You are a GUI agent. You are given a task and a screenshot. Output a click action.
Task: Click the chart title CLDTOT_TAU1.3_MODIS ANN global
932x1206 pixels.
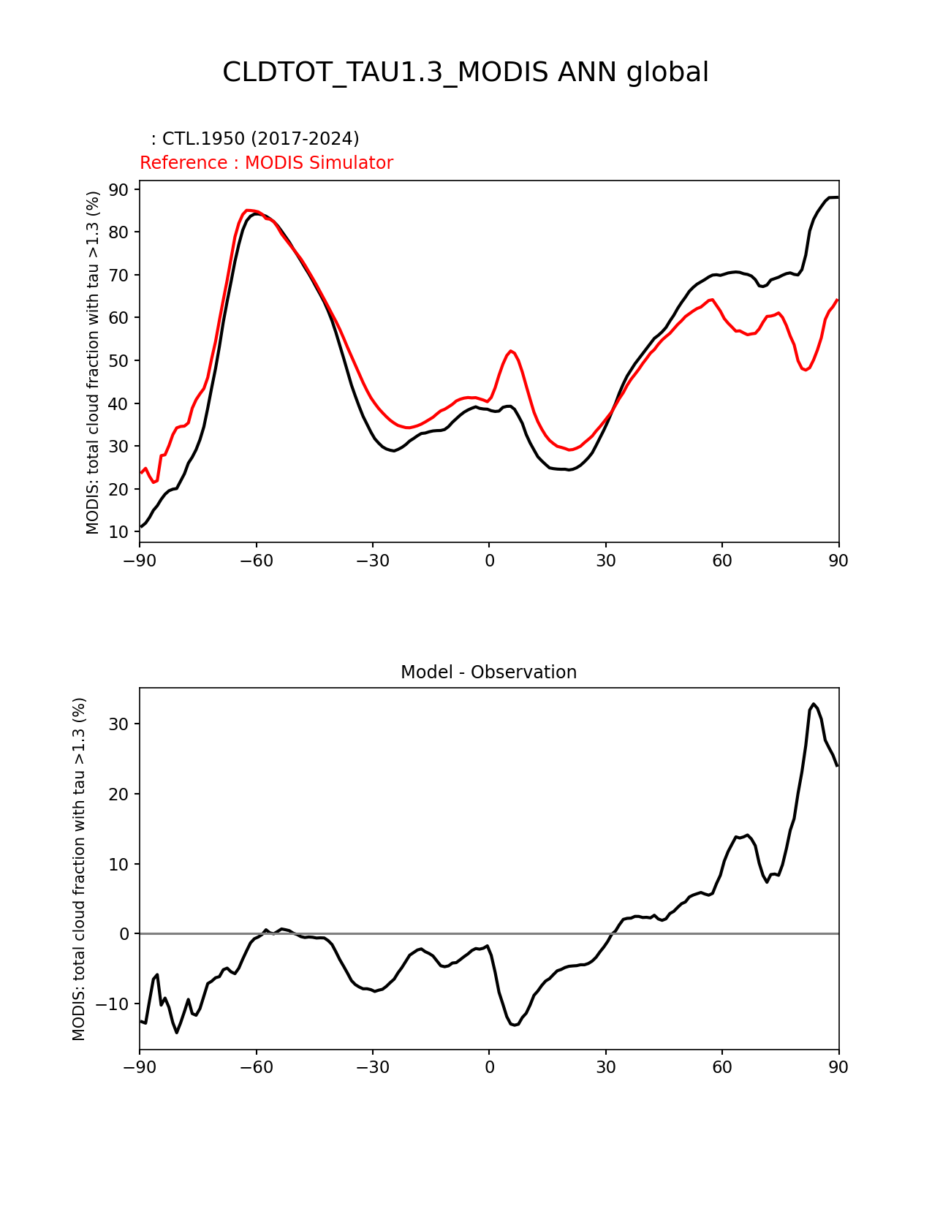tap(465, 72)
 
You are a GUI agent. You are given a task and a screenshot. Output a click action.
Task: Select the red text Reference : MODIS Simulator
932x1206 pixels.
tap(266, 163)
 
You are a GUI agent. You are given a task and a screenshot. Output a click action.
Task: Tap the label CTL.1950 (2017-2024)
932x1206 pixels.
tap(260, 139)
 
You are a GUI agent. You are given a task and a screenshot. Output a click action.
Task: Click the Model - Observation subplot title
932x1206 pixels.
tap(488, 672)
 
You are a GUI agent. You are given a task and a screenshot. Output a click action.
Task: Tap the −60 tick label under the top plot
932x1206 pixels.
tap(256, 561)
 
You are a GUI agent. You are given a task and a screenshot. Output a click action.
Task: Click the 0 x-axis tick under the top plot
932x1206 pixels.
tap(489, 561)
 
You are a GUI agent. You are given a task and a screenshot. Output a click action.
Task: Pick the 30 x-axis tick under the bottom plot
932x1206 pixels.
tap(605, 1067)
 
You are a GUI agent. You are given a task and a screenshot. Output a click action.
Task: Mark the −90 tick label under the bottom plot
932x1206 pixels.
tap(140, 1067)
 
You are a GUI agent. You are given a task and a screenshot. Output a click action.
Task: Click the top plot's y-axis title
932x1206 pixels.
tap(93, 362)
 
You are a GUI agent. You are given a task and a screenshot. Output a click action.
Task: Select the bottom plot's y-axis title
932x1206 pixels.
tap(79, 868)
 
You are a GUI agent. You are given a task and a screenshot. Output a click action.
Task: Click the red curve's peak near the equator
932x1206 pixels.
tap(511, 351)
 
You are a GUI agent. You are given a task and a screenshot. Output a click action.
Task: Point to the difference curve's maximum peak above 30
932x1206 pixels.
tap(813, 704)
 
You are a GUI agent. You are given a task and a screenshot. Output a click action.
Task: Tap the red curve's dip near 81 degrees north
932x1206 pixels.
tap(806, 370)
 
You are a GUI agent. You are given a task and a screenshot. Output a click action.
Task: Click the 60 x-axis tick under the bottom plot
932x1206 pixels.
tap(722, 1067)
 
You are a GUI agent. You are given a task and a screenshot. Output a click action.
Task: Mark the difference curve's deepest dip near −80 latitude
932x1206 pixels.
tap(177, 1032)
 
